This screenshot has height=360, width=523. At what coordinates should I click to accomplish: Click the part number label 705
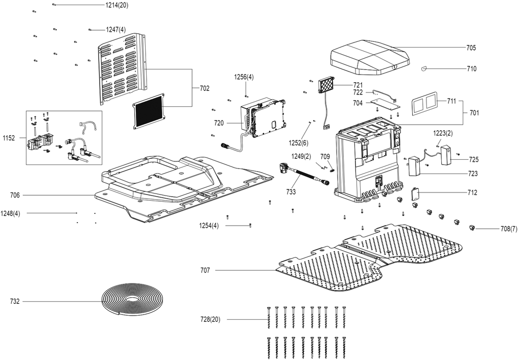471,47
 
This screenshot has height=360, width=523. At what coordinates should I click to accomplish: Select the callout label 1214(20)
117,5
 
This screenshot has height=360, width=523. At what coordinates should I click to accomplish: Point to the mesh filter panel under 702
150,111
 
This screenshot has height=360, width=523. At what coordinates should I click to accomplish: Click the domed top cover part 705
370,57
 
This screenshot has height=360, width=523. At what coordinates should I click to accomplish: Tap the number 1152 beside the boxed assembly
9,138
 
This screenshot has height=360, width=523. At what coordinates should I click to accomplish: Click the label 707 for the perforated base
205,270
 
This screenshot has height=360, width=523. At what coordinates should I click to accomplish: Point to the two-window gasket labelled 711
423,104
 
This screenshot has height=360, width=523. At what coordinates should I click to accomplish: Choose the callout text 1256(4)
244,77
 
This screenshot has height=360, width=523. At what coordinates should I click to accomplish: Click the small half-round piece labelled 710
424,68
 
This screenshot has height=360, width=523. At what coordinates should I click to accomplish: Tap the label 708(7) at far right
509,229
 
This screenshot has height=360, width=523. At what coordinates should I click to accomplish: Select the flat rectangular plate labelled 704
386,103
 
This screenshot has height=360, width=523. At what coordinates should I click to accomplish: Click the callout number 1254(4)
209,226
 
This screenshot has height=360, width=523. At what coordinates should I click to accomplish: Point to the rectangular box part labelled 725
446,154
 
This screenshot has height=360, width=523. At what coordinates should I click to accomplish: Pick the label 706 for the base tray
15,196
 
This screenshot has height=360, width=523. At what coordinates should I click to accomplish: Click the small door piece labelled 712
416,194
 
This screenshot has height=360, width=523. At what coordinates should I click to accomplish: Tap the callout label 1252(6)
298,143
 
